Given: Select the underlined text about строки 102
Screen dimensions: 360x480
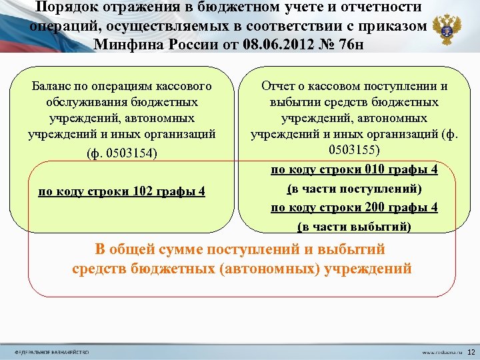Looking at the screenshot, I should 121,192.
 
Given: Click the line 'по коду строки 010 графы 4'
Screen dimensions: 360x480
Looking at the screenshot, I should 354,169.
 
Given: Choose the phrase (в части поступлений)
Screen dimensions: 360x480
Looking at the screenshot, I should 354,189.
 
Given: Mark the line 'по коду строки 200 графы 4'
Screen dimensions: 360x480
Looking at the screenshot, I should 354,207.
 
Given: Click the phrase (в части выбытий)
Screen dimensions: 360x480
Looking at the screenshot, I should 354,227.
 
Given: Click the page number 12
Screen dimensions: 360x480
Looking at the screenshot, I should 471,351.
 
